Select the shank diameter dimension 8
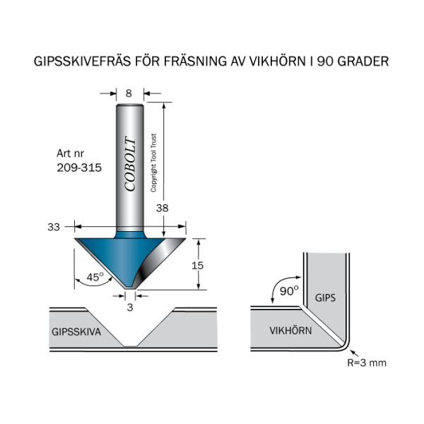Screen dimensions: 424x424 (129, 93)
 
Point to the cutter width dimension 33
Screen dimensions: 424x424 (53, 227)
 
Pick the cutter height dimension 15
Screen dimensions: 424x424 (199, 265)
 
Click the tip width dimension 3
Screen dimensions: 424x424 (129, 307)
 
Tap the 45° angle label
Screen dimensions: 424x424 (95, 278)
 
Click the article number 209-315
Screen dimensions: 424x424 (78, 168)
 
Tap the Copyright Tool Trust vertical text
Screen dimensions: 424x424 (153, 163)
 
